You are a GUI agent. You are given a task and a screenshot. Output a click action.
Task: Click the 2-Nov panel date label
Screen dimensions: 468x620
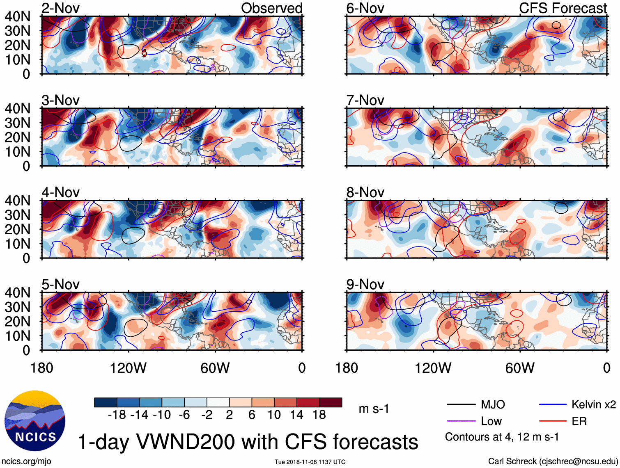point(60,8)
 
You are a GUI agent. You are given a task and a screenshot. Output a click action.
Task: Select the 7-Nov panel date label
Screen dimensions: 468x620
point(365,100)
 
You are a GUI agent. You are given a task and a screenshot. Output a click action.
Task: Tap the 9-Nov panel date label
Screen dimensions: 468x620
point(365,285)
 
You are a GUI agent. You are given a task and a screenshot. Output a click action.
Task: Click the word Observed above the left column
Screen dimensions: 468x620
point(271,8)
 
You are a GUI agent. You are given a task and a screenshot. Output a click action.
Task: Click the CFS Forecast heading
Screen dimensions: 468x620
point(563,8)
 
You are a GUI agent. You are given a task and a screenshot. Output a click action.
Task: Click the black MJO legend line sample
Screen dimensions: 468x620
point(461,405)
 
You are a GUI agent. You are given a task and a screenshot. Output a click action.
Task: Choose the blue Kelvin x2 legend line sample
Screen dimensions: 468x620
point(553,405)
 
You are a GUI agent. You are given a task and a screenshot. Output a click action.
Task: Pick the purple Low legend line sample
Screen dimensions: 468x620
point(461,421)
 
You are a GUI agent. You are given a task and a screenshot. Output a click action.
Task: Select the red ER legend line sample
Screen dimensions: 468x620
point(553,421)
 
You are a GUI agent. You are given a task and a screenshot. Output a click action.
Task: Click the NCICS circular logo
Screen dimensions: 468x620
point(34,421)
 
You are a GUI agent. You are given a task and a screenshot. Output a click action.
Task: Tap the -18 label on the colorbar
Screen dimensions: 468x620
point(117,415)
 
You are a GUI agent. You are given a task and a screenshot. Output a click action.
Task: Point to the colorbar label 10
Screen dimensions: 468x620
point(274,415)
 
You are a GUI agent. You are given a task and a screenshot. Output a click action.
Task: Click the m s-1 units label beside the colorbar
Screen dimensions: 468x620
point(374,409)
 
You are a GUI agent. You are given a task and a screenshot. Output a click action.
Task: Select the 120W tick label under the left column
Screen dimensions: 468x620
point(128,368)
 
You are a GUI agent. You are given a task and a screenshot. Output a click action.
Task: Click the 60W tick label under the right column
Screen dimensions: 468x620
point(520,368)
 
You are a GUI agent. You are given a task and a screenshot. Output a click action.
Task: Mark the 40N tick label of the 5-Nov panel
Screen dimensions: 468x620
point(17,293)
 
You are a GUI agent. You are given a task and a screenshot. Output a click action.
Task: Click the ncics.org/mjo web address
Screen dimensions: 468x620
point(26,461)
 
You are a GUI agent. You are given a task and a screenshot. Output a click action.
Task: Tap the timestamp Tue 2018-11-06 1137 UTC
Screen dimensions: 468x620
point(310,462)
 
